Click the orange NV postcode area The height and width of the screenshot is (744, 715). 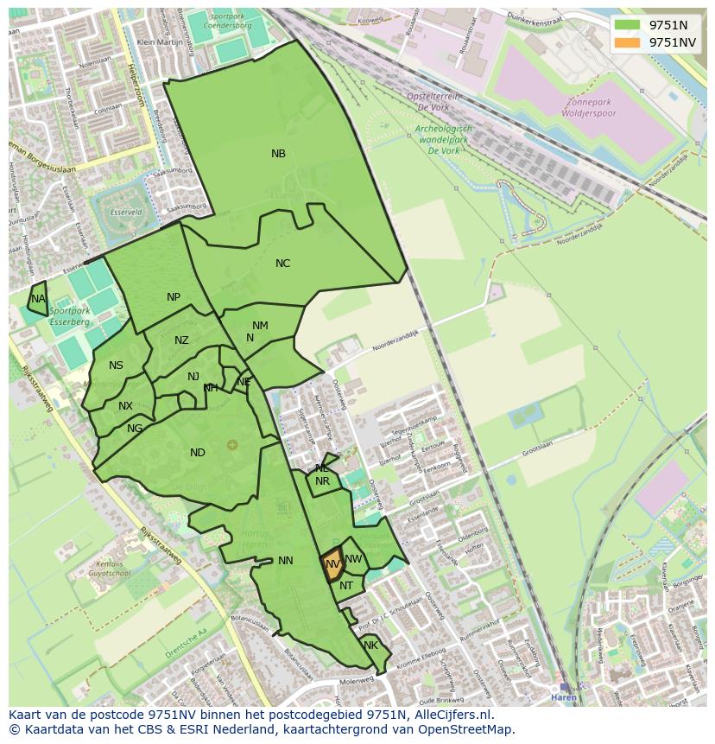pos(332,565)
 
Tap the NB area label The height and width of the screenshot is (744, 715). pos(278,154)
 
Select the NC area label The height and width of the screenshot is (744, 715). pos(282,264)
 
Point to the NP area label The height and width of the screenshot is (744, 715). pos(174,297)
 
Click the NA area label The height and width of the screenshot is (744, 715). pos(37,299)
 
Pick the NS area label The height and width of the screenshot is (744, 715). pos(116,366)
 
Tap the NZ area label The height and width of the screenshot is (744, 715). pos(181,340)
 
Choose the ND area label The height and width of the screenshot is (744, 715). pos(198,453)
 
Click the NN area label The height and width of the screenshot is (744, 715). pos(286,561)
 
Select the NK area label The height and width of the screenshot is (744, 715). pos(370,645)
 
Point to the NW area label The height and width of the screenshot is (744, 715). pos(353,559)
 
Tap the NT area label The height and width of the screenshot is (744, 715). pos(346,586)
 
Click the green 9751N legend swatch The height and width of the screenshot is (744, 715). pos(628,25)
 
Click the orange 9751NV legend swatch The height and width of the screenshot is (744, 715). pos(628,42)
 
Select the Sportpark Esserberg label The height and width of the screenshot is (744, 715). pos(69,316)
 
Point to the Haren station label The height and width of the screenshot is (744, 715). pos(563,697)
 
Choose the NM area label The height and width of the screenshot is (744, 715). pos(260,326)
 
